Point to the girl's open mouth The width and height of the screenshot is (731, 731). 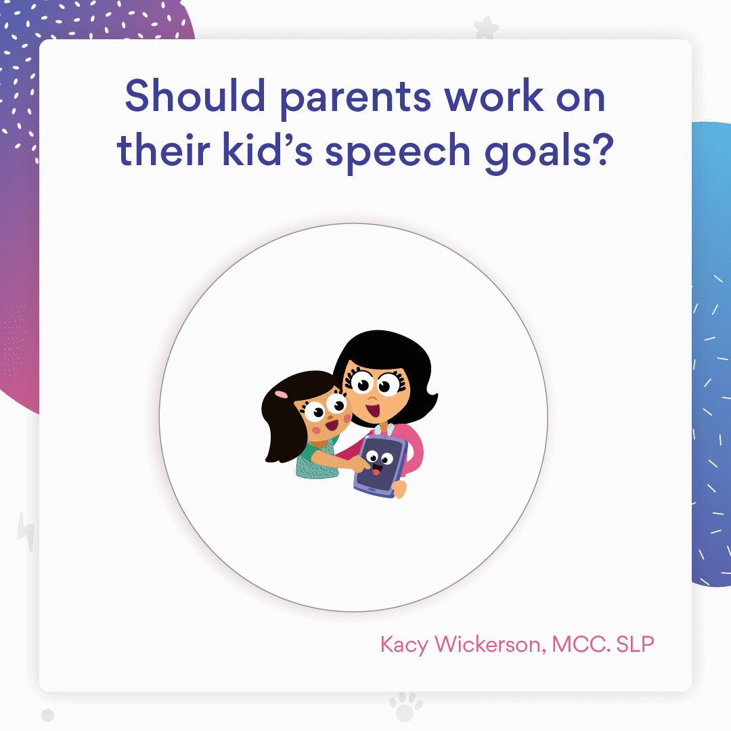pyautogui.click(x=331, y=426)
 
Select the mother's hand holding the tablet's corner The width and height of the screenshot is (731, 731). pyautogui.click(x=399, y=489)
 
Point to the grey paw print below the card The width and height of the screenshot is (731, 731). pyautogui.click(x=405, y=705)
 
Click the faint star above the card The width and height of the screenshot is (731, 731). pyautogui.click(x=486, y=28)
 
